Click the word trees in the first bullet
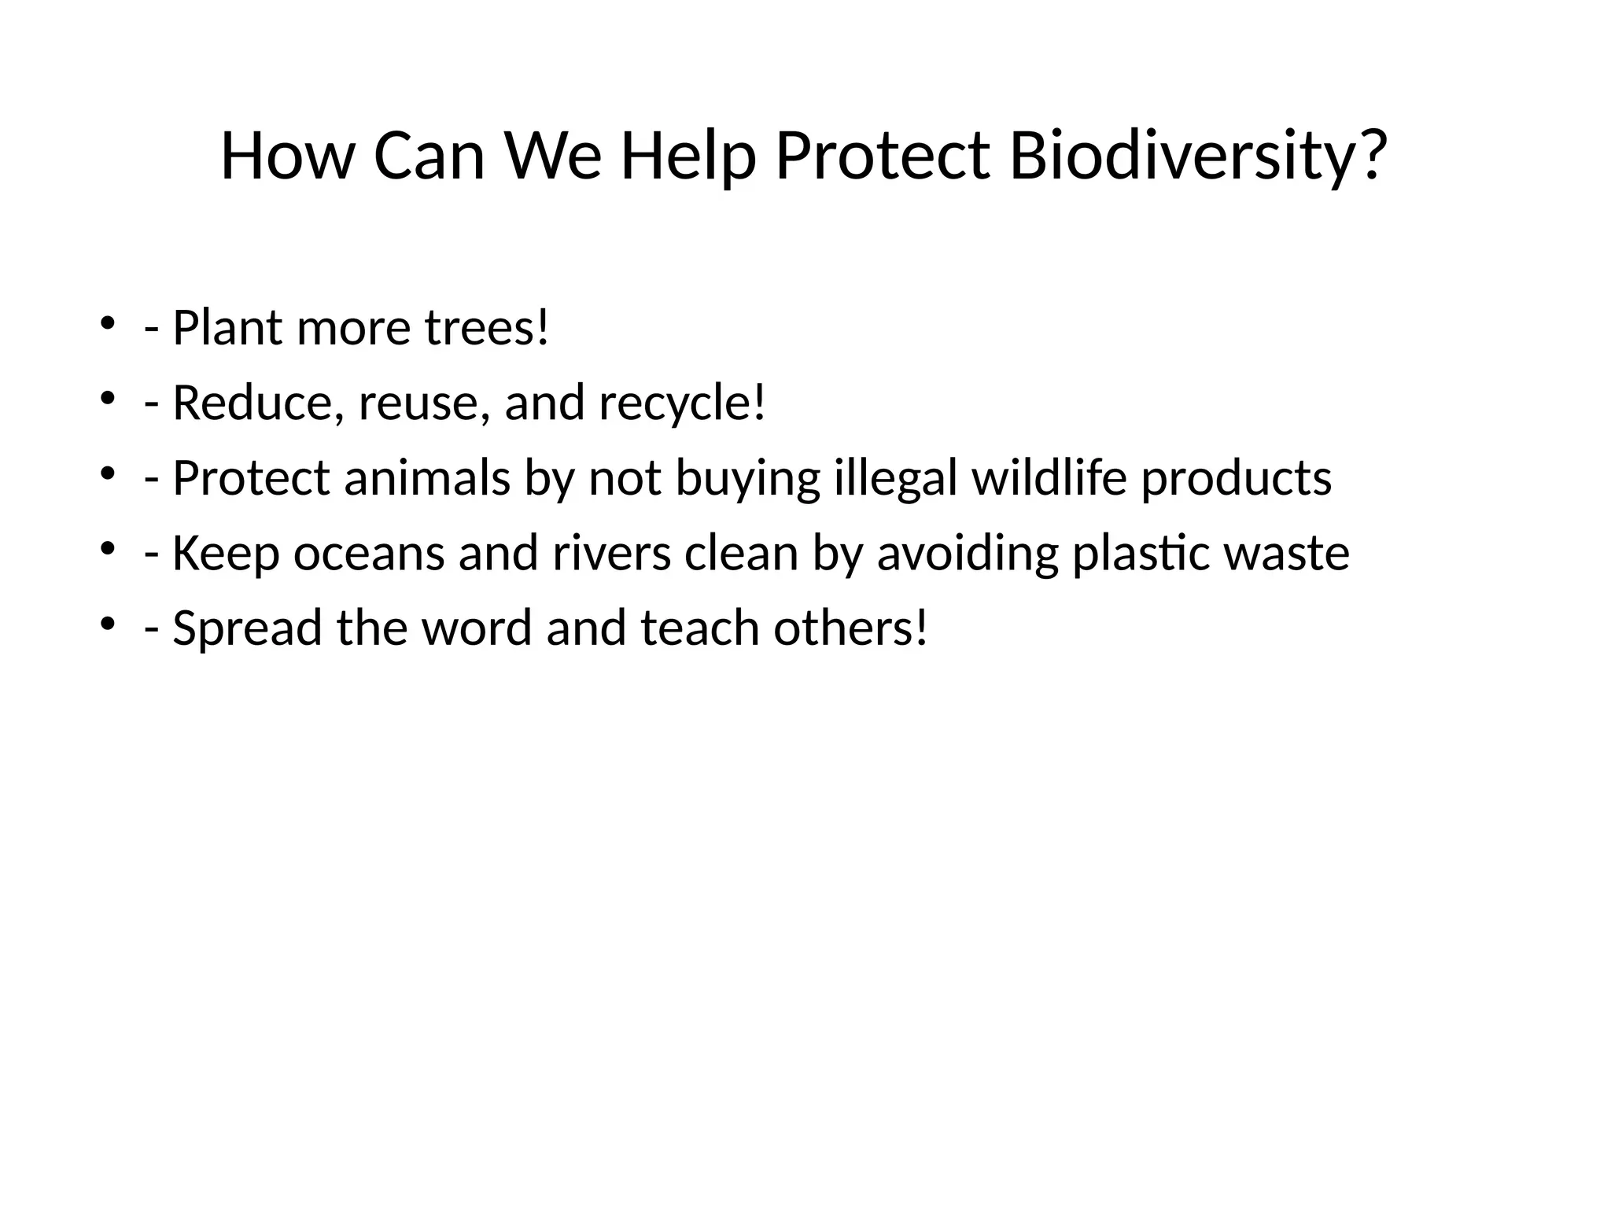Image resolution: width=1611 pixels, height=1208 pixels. (x=480, y=328)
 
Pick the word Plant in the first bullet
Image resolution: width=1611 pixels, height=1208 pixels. (x=227, y=328)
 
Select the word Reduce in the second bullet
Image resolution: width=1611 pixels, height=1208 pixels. (x=256, y=403)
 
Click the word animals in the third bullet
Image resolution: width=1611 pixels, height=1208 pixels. (x=427, y=478)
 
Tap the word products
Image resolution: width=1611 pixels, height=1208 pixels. (x=1236, y=478)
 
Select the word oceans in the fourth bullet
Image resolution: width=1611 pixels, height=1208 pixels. (x=369, y=553)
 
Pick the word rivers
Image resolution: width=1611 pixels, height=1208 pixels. (x=611, y=553)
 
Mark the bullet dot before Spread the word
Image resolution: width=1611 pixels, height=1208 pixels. (x=108, y=624)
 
